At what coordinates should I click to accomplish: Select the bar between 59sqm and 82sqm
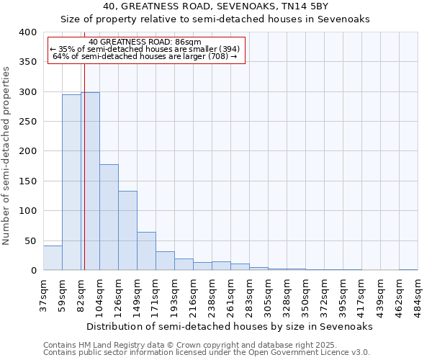click(x=71, y=183)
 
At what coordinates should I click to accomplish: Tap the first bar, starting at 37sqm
click(x=53, y=258)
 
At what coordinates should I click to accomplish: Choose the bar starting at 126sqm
click(x=127, y=230)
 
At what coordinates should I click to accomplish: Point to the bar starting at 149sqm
click(x=146, y=251)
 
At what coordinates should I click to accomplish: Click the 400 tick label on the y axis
click(x=27, y=32)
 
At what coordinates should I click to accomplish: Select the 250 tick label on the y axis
click(x=27, y=122)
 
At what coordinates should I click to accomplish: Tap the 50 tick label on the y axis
click(x=30, y=240)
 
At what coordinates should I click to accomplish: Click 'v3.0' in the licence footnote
click(x=359, y=353)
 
